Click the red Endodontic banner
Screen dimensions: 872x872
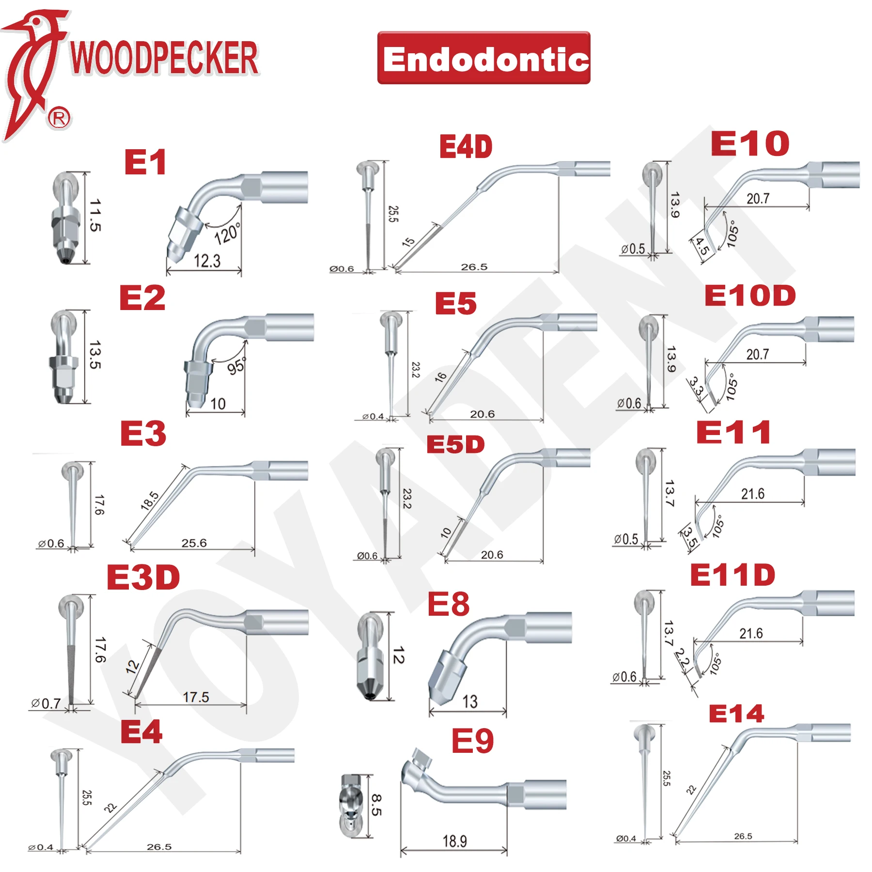click(x=483, y=58)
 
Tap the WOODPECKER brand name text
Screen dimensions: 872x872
click(x=164, y=58)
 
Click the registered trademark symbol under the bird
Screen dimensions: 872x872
click(x=59, y=118)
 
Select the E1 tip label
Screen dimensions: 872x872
click(x=145, y=162)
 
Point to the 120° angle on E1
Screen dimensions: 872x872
click(x=227, y=234)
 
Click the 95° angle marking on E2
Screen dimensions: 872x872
click(x=236, y=366)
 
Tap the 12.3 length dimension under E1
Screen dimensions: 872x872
click(x=207, y=261)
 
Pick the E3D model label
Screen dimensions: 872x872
click(x=143, y=577)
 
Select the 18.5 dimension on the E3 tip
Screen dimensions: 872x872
click(x=150, y=501)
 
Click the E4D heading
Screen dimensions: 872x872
click(x=466, y=147)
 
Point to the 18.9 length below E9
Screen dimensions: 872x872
click(x=454, y=841)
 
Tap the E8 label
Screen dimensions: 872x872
click(x=448, y=604)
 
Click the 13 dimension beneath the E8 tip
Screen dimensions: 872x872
click(x=469, y=701)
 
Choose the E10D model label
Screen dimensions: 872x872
click(x=750, y=296)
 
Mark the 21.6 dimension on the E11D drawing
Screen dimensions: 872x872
click(x=751, y=633)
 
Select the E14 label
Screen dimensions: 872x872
click(x=736, y=714)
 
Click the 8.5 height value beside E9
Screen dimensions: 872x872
click(x=376, y=805)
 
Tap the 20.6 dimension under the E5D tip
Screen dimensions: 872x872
click(x=492, y=555)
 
